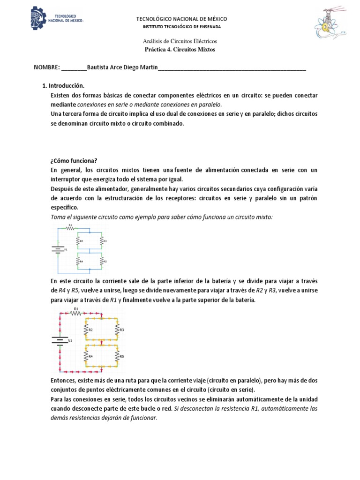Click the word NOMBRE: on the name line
(x=47, y=67)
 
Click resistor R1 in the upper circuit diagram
(x=71, y=228)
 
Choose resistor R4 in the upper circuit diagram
(x=79, y=261)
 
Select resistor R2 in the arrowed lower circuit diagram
(x=87, y=330)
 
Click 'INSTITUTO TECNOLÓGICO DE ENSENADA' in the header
(x=181, y=27)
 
